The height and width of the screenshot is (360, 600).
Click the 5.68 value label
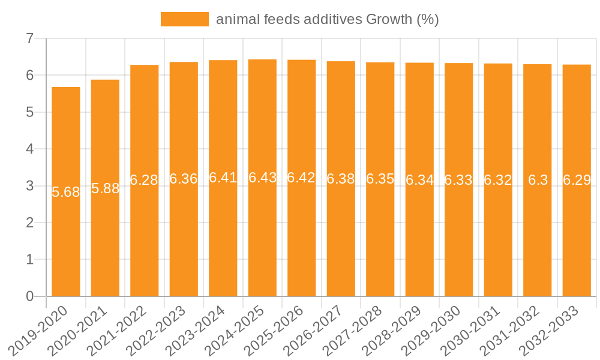(66, 192)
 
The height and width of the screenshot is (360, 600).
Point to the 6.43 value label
(262, 178)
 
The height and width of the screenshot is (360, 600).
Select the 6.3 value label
(538, 180)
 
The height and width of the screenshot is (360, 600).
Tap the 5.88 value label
(105, 188)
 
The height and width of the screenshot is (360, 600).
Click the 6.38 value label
(341, 179)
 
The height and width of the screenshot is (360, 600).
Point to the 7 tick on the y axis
(29, 39)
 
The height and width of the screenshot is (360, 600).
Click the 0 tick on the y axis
(29, 296)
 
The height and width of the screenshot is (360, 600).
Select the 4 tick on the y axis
(29, 149)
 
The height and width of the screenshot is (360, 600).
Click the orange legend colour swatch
(184, 19)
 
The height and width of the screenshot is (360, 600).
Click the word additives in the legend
(327, 19)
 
